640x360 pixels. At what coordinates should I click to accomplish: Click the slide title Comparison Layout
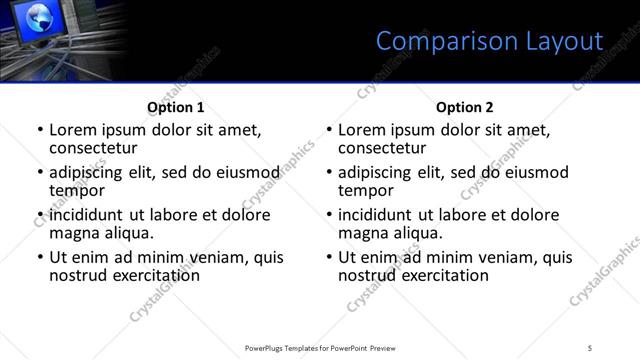(x=489, y=41)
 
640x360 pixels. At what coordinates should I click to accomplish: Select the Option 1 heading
(x=175, y=107)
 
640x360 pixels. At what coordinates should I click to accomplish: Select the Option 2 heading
(x=464, y=107)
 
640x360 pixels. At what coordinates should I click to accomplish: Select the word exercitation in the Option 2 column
(x=440, y=275)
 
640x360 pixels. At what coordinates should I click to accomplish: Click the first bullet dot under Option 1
(x=40, y=131)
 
